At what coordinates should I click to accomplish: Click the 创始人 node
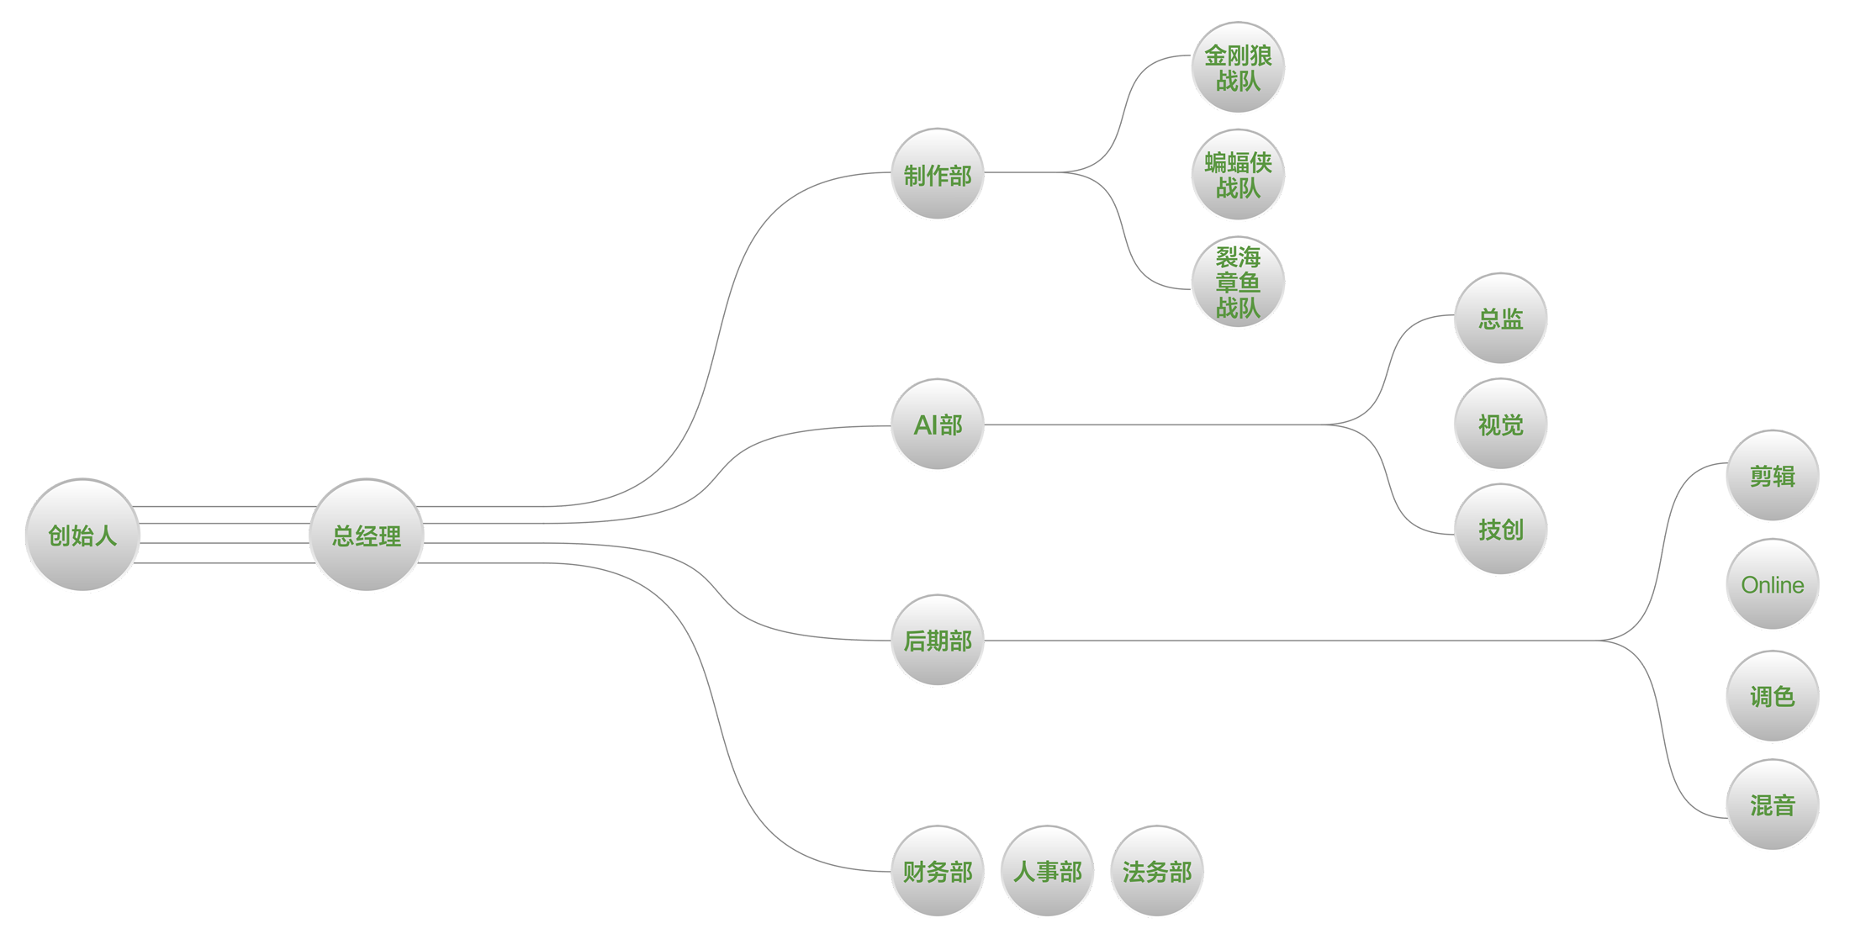[x=82, y=535]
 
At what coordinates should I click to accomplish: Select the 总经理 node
[x=367, y=535]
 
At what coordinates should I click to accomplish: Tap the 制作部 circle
[x=938, y=174]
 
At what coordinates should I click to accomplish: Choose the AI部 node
[x=938, y=425]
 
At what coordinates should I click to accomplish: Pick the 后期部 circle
[x=938, y=641]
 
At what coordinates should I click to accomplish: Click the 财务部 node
[x=938, y=871]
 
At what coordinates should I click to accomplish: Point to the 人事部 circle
[x=1048, y=871]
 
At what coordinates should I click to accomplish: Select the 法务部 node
[x=1157, y=871]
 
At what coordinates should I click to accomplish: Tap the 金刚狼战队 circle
[x=1238, y=67]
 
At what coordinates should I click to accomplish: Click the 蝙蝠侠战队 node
[x=1238, y=174]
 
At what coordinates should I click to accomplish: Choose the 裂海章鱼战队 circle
[x=1238, y=282]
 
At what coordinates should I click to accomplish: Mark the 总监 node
[x=1501, y=319]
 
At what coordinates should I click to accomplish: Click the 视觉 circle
[x=1501, y=425]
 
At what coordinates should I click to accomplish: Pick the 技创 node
[x=1501, y=530]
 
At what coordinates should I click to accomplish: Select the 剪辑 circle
[x=1773, y=476]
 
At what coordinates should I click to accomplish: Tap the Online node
[x=1773, y=584]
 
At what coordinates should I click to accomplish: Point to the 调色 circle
[x=1773, y=696]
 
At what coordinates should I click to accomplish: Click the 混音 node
[x=1773, y=804]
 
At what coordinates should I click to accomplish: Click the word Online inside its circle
[x=1773, y=585]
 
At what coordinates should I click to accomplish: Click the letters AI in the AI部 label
[x=926, y=425]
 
